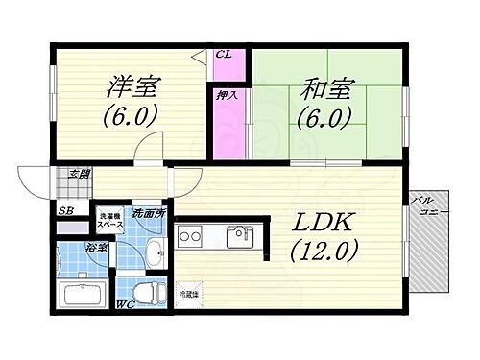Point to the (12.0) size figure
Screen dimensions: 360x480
click(324, 252)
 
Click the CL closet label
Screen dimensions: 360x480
click(222, 56)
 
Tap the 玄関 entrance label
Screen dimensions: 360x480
click(79, 174)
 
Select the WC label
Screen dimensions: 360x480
click(125, 305)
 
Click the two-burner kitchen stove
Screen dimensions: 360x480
click(189, 234)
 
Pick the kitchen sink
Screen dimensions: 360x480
click(238, 235)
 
